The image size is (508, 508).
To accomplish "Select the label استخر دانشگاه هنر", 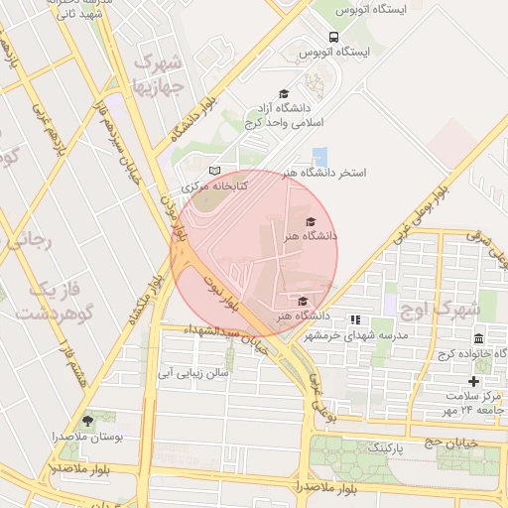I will click(x=323, y=173).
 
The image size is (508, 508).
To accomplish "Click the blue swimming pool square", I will click(x=319, y=156).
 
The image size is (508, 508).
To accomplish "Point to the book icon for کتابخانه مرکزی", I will click(x=214, y=172).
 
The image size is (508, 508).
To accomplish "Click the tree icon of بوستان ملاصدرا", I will click(x=87, y=421).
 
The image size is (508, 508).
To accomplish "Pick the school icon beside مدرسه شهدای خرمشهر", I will click(x=354, y=319).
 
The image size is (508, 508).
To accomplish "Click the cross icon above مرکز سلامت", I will click(x=473, y=381).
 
